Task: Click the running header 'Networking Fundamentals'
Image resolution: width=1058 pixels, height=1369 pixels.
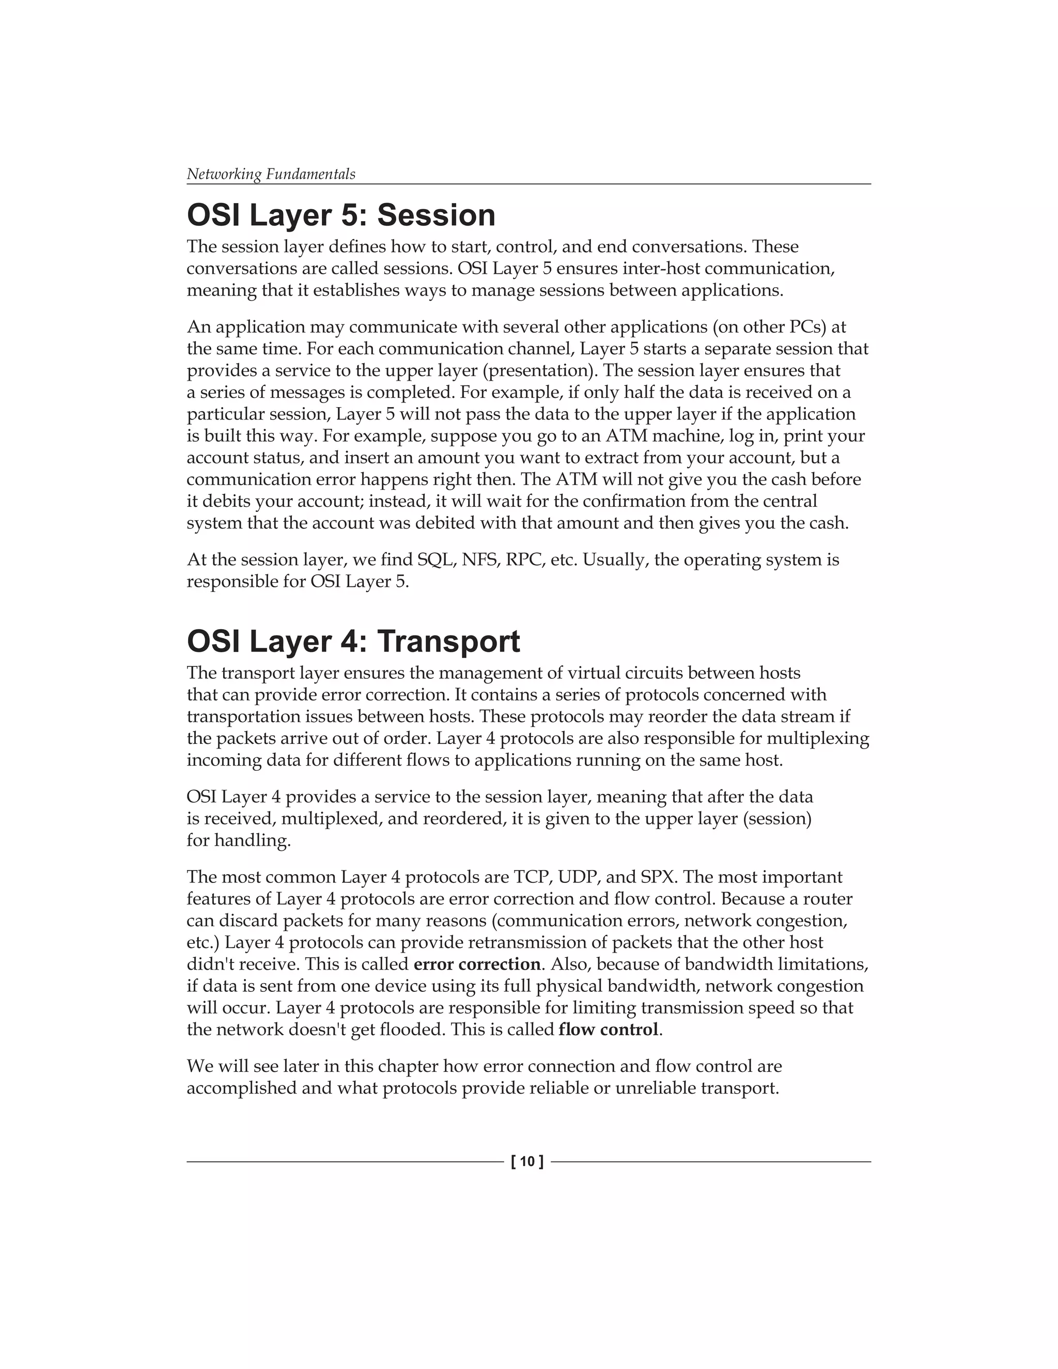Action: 271,174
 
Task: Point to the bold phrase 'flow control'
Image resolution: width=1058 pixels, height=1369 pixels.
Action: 608,1029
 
